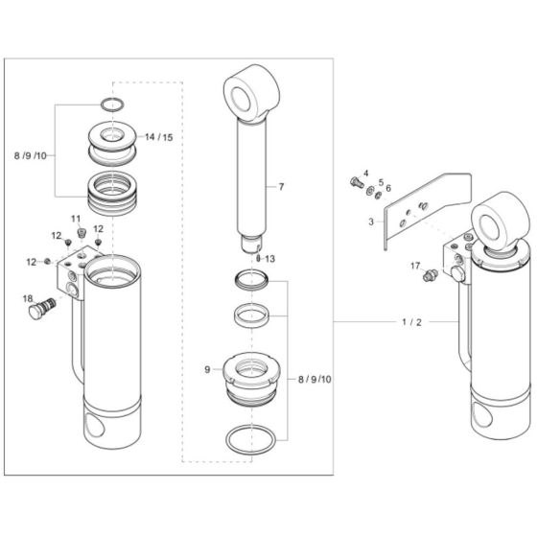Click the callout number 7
pos(281,187)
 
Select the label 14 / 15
pos(159,137)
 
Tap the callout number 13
pos(270,259)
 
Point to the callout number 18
pos(28,299)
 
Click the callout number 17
pos(415,266)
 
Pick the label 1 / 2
pos(411,322)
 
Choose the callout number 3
pos(371,222)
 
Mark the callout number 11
pos(76,219)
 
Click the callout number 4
pos(365,174)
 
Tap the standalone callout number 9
pos(207,370)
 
